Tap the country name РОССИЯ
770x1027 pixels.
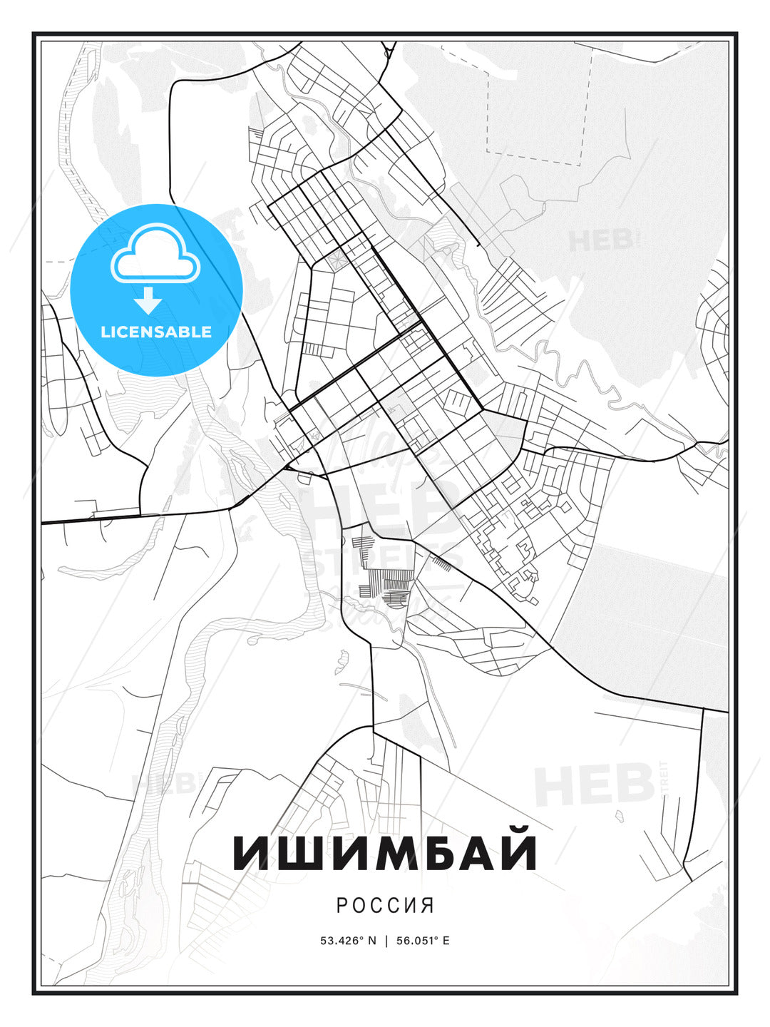pos(385,905)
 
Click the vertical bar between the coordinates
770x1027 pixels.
pos(386,941)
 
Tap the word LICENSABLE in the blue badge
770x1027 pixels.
pos(156,332)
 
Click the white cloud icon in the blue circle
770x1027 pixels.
pos(155,253)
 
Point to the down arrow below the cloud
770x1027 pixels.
pos(148,300)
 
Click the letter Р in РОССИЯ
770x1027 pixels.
pos(342,905)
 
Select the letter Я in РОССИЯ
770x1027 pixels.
pos(428,905)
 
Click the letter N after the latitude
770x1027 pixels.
pos(371,941)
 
